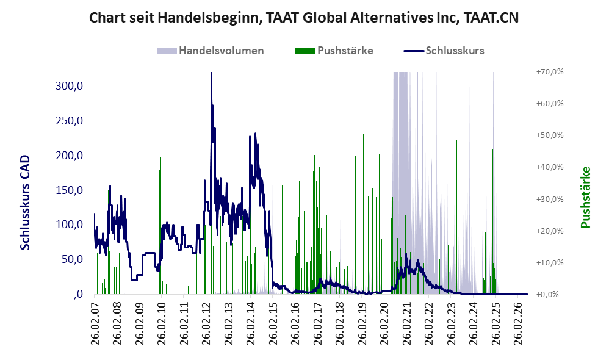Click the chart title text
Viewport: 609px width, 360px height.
tap(304, 18)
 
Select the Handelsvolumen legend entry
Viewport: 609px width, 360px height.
tap(211, 51)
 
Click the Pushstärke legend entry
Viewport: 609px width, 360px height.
tap(334, 51)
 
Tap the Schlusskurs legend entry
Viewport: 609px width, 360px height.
tap(444, 51)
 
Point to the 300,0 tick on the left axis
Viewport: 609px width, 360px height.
tap(69, 86)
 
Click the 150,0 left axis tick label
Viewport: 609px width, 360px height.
tap(69, 190)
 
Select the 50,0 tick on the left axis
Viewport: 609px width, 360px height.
tap(72, 259)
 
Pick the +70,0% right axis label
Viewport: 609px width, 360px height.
tap(550, 72)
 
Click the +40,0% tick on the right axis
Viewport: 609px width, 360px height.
tap(550, 167)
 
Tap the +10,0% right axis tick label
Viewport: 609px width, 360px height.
tap(550, 262)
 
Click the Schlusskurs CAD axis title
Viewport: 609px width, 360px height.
tap(25, 203)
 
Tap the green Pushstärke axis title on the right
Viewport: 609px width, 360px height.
tap(585, 197)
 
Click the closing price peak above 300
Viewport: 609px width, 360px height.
tap(211, 73)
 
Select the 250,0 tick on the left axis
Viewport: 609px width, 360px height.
tap(69, 121)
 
